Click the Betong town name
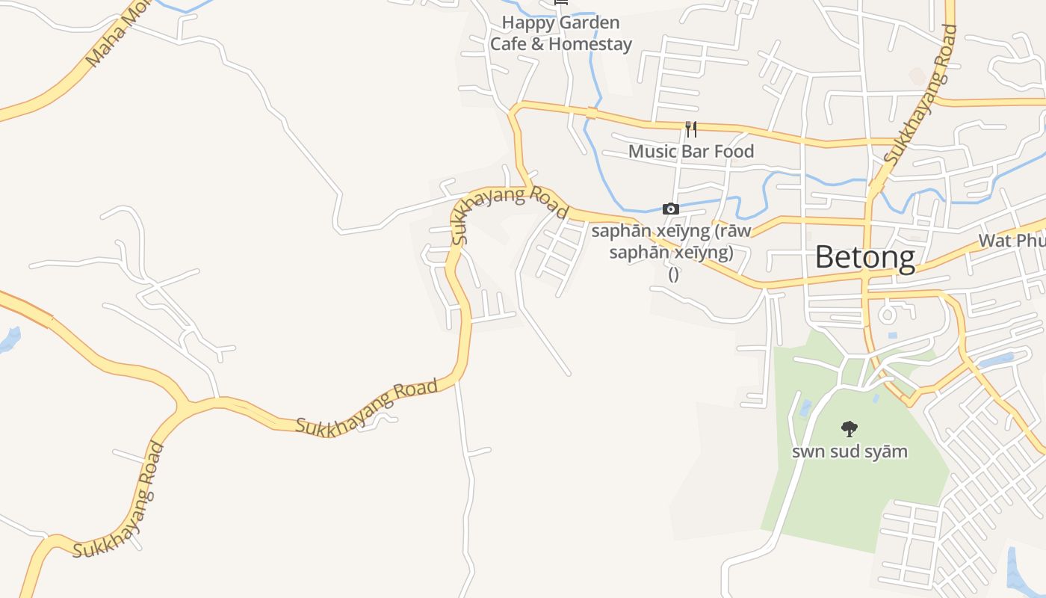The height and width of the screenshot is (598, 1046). tap(864, 257)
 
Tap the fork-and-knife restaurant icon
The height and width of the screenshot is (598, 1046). tap(691, 129)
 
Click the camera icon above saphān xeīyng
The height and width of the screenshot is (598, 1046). tap(671, 209)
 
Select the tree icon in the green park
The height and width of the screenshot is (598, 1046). tap(849, 429)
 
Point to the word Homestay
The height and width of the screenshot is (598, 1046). tap(591, 44)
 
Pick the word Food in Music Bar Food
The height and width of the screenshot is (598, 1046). tap(734, 151)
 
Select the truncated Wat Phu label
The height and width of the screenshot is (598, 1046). tap(1012, 241)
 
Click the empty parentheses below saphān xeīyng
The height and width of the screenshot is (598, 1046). tap(673, 274)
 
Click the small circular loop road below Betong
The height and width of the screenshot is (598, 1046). tap(887, 313)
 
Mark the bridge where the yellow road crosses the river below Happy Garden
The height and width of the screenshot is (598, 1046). tap(592, 114)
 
